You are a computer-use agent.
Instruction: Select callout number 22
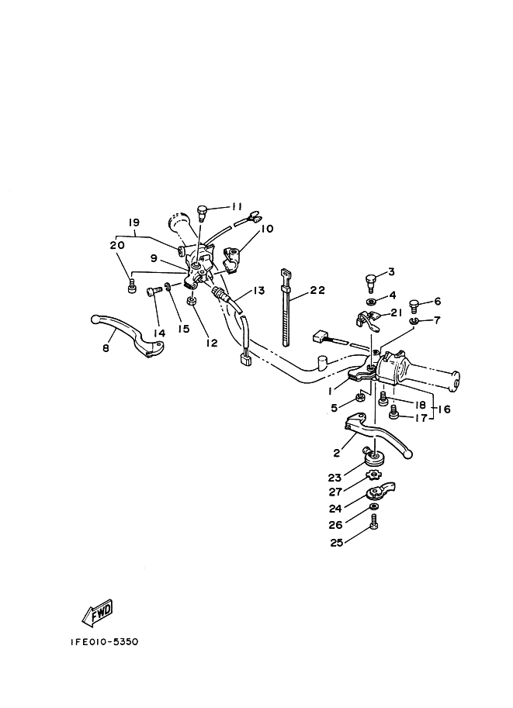tap(317, 291)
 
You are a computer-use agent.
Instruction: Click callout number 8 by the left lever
tap(106, 349)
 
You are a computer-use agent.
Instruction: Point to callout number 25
tap(336, 542)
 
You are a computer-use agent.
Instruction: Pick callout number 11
tap(237, 206)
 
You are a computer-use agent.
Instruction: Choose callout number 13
tap(258, 290)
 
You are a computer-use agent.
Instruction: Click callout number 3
tap(391, 271)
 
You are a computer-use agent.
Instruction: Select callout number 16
tap(445, 409)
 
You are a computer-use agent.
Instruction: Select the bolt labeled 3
tap(371, 278)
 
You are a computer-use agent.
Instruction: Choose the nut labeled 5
tap(360, 398)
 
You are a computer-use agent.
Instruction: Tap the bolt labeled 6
tap(414, 303)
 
